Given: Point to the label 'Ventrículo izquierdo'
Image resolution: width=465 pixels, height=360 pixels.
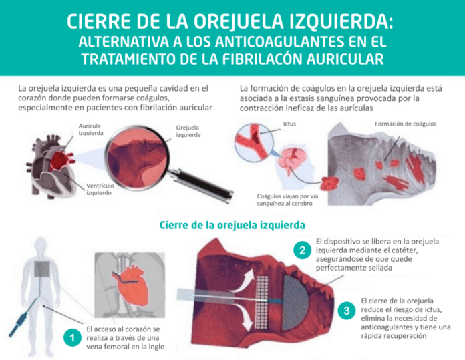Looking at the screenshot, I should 102,189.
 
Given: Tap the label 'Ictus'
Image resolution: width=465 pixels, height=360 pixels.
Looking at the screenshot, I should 289,124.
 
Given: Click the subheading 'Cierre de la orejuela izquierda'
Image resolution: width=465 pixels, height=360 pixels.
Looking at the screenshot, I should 232,224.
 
